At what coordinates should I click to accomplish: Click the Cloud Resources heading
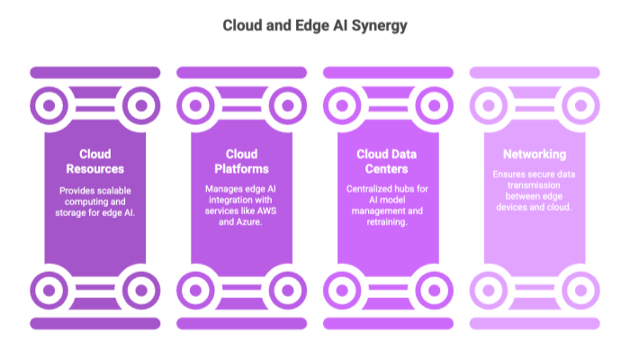click(95, 161)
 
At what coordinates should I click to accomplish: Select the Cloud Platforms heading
click(241, 161)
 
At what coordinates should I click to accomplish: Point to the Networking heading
click(535, 154)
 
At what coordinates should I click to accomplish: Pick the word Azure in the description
click(249, 221)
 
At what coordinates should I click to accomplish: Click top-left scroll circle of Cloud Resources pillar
click(50, 106)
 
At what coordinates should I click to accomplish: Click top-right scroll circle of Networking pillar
click(580, 106)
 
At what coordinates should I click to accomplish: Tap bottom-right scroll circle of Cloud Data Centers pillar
click(433, 290)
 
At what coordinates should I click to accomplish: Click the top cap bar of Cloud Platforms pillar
click(241, 72)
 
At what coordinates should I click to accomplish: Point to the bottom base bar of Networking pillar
click(535, 323)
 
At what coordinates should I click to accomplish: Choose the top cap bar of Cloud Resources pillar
click(95, 72)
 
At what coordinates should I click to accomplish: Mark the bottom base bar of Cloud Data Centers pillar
click(388, 323)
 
